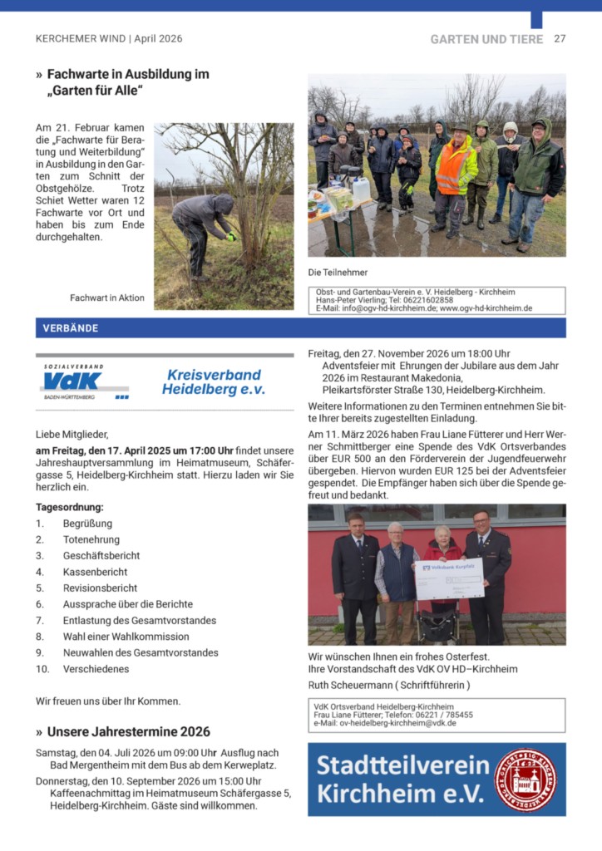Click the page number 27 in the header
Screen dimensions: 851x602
[x=560, y=39]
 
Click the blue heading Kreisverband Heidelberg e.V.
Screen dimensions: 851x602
[x=213, y=381]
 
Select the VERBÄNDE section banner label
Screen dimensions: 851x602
[x=71, y=328]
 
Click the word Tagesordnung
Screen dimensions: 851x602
[x=70, y=507]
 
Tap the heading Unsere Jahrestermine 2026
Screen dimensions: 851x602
[x=129, y=732]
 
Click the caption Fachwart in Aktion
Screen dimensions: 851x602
[x=107, y=298]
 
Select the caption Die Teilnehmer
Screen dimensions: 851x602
[x=338, y=272]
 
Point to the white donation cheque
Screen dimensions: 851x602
[x=449, y=579]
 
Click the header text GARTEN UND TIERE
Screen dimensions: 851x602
[x=486, y=39]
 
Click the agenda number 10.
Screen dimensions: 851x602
[x=42, y=669]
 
